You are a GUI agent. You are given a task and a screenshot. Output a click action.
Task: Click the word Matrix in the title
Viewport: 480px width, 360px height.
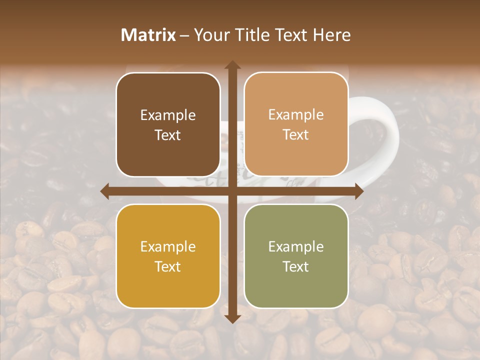click(x=148, y=35)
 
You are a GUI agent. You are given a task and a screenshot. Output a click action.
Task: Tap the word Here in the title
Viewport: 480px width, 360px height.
click(x=331, y=35)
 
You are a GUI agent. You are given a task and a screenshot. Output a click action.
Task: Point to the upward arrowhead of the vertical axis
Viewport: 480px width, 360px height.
click(x=232, y=64)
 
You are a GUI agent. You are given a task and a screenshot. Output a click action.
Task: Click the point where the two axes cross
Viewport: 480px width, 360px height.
click(x=232, y=191)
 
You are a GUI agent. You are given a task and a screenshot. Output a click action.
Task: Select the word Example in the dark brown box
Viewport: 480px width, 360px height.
click(x=168, y=115)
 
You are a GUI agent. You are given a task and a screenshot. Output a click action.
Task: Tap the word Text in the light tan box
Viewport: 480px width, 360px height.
click(x=296, y=135)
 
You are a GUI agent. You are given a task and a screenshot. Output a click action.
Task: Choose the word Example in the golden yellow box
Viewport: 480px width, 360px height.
click(x=168, y=247)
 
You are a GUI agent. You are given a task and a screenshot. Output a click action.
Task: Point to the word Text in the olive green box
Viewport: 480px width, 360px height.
click(x=296, y=266)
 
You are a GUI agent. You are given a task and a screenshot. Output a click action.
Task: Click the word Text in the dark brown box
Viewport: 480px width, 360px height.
click(x=168, y=135)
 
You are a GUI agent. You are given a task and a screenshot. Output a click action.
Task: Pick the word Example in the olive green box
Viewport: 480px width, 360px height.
click(x=296, y=247)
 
